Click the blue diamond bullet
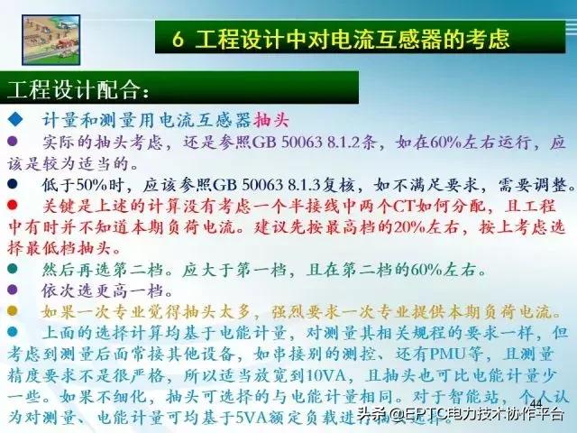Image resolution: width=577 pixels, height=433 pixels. coord(14,120)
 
